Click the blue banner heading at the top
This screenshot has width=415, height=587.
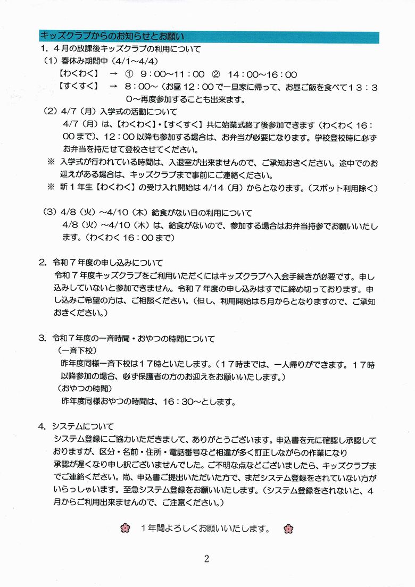(209, 37)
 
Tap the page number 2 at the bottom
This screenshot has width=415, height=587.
(206, 558)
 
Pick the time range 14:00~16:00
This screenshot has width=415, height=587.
(262, 74)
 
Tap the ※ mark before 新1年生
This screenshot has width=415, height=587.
(52, 188)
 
